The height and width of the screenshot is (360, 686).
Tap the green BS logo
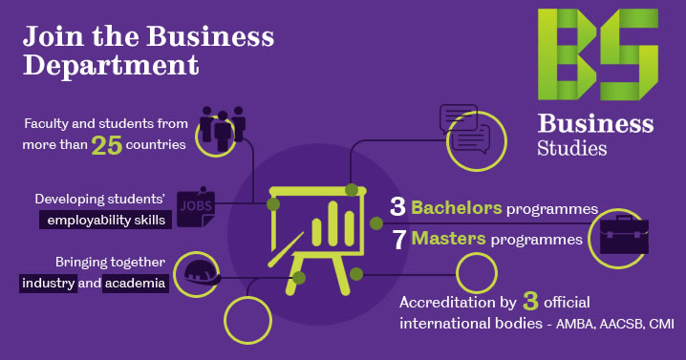[x=597, y=54]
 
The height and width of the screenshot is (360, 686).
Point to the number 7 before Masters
[x=399, y=239]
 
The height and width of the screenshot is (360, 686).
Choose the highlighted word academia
[x=135, y=283]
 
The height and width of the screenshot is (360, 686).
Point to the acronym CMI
[x=661, y=325]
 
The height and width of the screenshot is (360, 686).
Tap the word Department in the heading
[x=111, y=66]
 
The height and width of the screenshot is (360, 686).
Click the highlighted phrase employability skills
[x=104, y=221]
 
